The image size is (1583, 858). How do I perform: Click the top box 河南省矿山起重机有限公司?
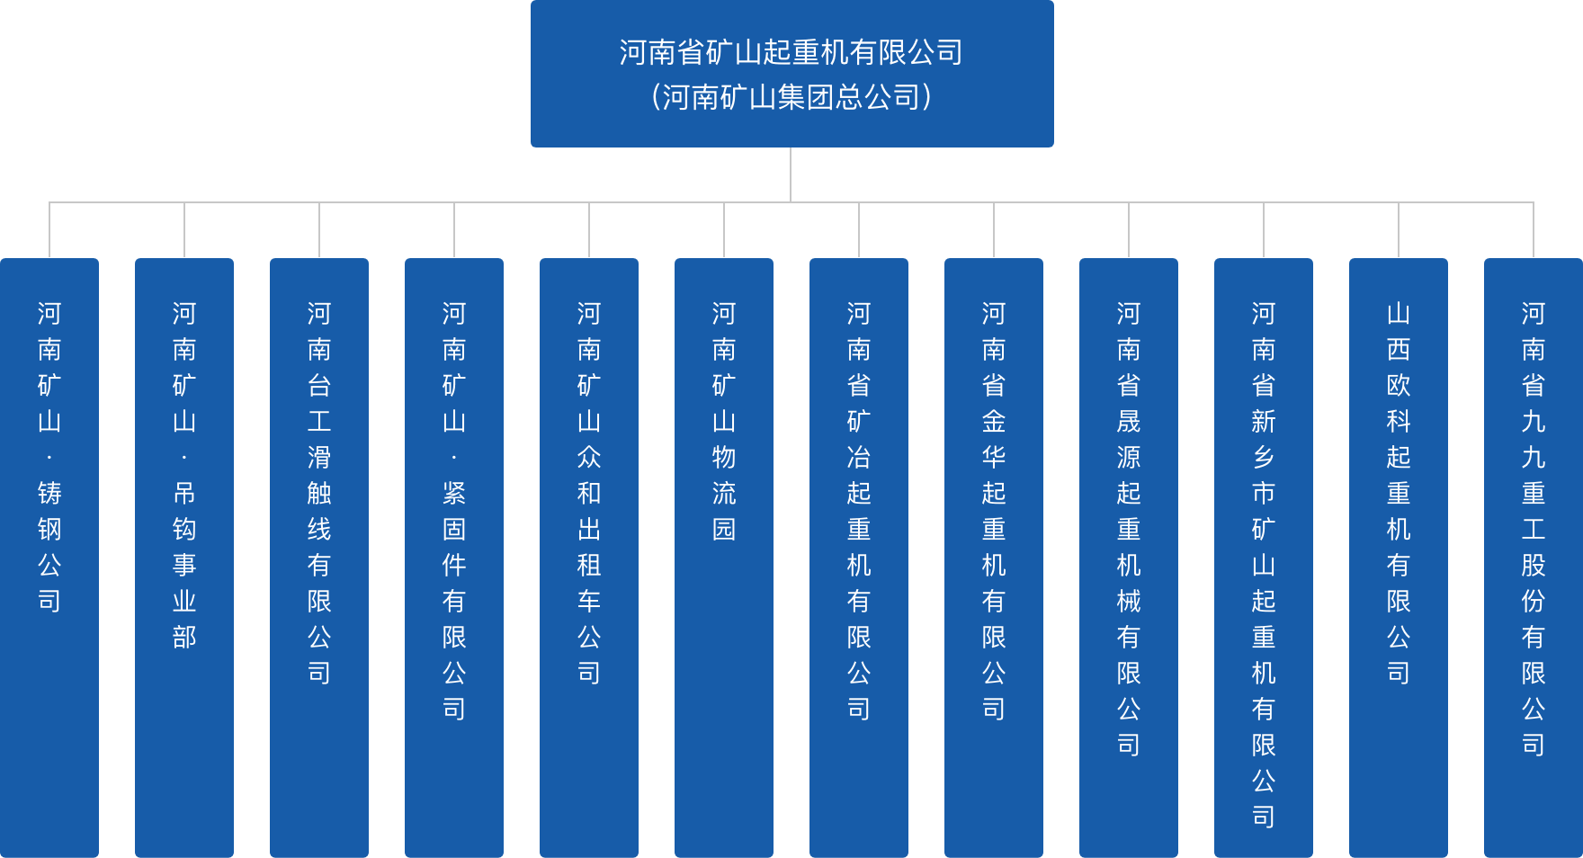791,52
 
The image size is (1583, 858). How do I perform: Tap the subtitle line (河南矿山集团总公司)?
791,97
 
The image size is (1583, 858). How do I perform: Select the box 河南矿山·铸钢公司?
49,558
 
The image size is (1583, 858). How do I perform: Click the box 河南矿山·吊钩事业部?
184,558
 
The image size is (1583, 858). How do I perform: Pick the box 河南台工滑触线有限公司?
319,558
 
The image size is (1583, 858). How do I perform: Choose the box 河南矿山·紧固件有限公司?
454,558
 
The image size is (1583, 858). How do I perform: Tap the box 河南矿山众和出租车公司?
589,558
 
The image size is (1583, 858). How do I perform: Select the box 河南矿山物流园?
724,558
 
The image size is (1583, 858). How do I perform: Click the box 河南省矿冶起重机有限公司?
859,558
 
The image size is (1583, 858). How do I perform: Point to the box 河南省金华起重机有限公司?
994,558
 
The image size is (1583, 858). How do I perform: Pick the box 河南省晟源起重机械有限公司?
1129,558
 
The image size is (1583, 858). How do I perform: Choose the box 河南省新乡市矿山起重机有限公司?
1264,558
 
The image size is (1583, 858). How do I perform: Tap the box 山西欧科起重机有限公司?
1399,558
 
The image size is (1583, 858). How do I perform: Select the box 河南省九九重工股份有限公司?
1534,558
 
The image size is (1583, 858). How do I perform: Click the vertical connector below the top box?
791,174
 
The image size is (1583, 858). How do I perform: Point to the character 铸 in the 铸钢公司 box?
49,493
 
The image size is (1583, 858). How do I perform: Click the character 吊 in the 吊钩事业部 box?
184,493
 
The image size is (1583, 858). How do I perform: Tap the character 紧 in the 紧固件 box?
454,493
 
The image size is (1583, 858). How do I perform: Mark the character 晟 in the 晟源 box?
1129,421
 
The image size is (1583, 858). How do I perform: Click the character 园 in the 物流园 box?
724,529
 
